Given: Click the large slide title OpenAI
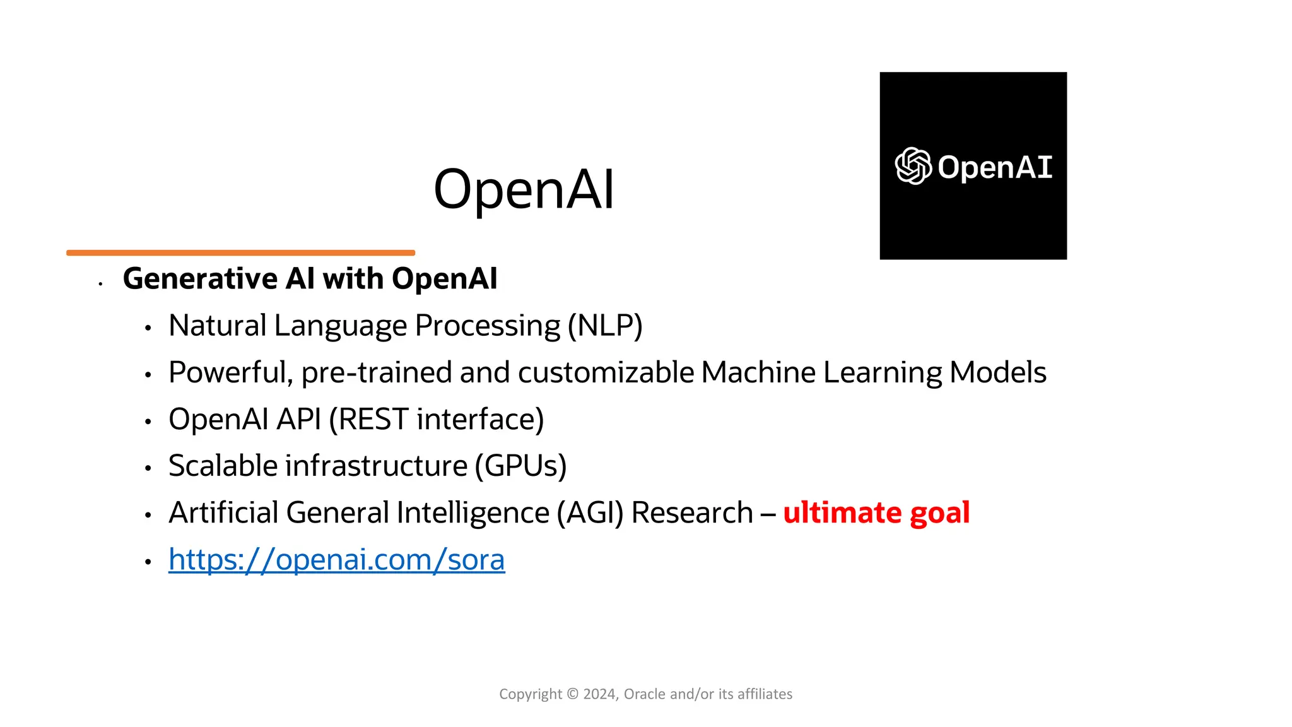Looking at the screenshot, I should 524,189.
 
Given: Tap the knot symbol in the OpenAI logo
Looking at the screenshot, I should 913,166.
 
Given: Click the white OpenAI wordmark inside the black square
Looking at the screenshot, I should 995,167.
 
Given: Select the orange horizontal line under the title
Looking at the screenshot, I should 240,252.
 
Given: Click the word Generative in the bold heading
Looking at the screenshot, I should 200,278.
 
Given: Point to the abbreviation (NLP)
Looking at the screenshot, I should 605,326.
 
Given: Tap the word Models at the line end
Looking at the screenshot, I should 997,372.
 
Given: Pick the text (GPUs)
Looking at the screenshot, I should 520,466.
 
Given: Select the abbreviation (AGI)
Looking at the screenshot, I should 590,512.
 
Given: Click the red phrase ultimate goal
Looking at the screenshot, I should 876,512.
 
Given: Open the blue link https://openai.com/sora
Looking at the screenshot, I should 336,560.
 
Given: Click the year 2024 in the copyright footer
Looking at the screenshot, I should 599,694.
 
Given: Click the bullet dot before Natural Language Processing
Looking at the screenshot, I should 148,328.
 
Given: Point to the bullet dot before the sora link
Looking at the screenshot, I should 148,561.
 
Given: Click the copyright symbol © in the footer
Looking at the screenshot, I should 572,694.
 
